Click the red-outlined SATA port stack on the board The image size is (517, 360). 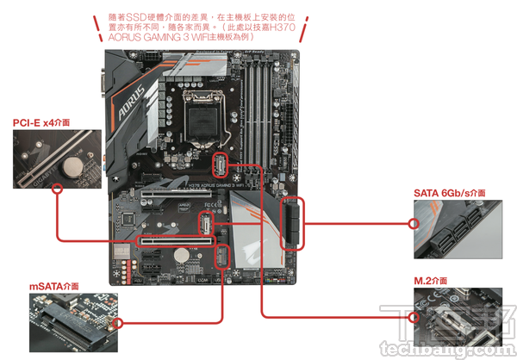point(292,221)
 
